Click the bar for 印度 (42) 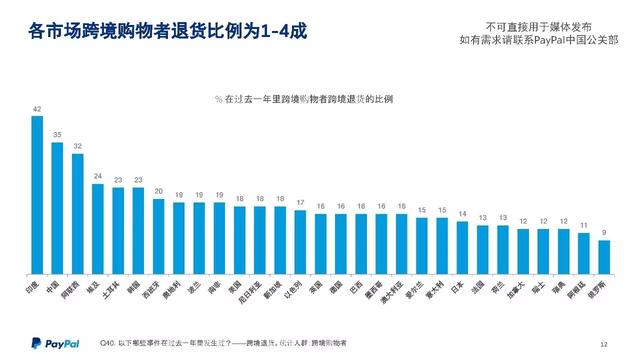click(37, 195)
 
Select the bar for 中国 click(57, 208)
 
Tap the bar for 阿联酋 click(77, 213)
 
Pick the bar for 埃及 click(98, 228)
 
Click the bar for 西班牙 click(158, 236)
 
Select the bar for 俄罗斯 click(603, 256)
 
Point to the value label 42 click(37, 109)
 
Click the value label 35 click(57, 135)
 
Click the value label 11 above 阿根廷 click(583, 226)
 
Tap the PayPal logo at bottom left click(50, 343)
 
